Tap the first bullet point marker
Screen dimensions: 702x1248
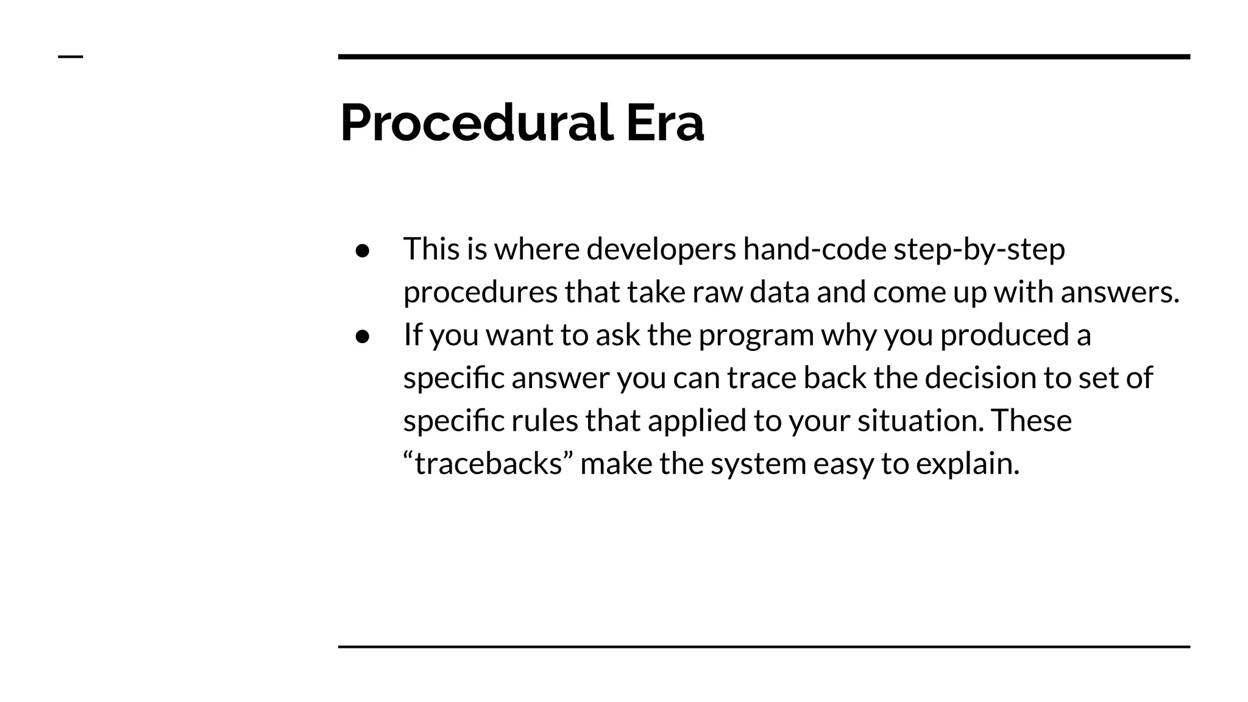363,250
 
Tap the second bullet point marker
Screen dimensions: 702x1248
363,336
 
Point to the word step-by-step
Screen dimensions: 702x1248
979,249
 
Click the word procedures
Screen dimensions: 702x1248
480,292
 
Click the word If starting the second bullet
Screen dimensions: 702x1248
413,335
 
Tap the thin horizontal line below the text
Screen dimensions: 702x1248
764,647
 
